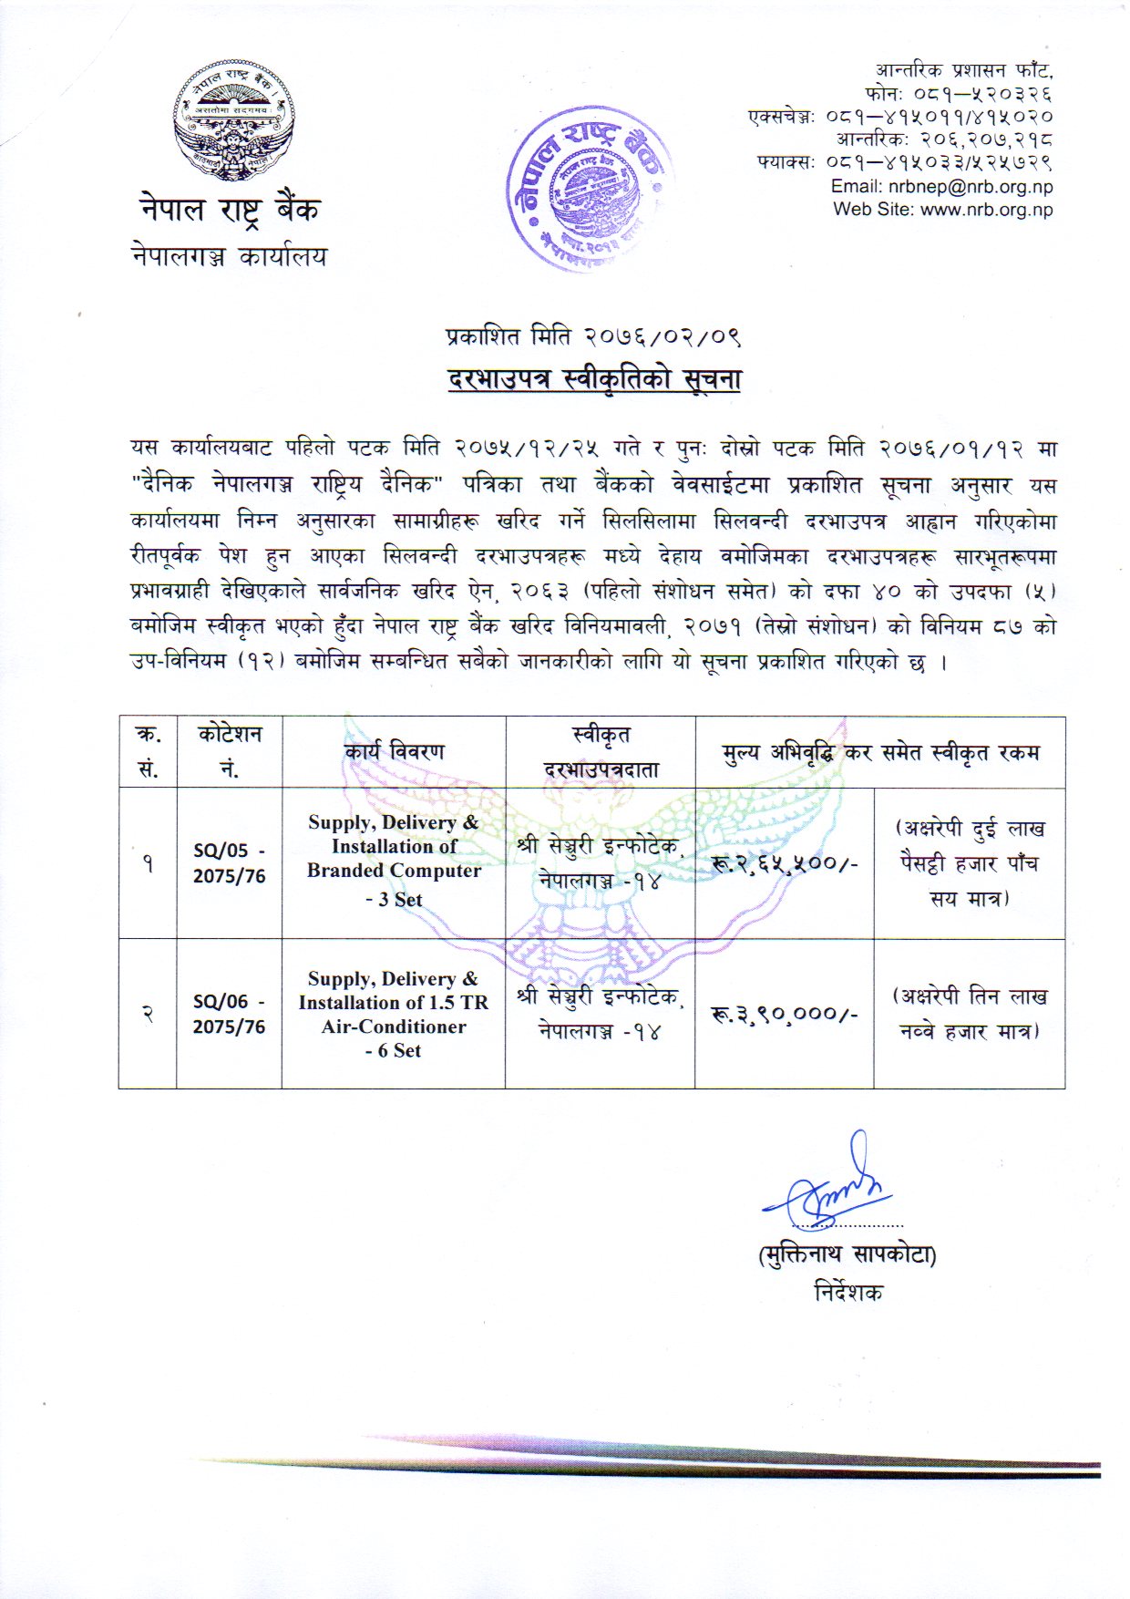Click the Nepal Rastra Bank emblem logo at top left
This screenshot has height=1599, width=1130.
(x=234, y=122)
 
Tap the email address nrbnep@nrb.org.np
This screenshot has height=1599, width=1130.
(x=941, y=187)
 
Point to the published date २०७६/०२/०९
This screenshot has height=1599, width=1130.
(x=656, y=337)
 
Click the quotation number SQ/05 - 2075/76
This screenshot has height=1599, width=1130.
(x=229, y=862)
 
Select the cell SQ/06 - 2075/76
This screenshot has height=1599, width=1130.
(x=229, y=1014)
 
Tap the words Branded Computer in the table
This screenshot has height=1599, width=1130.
(x=394, y=871)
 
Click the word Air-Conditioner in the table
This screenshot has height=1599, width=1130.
(x=394, y=1026)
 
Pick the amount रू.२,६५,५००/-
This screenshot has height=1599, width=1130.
(x=784, y=863)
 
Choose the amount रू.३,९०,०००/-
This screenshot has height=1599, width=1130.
(x=784, y=1014)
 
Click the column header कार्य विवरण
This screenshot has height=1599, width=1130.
(x=394, y=752)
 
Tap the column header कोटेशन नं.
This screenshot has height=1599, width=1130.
(x=229, y=752)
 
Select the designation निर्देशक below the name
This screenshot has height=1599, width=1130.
(x=847, y=1292)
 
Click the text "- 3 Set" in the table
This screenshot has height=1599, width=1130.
(x=394, y=900)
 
